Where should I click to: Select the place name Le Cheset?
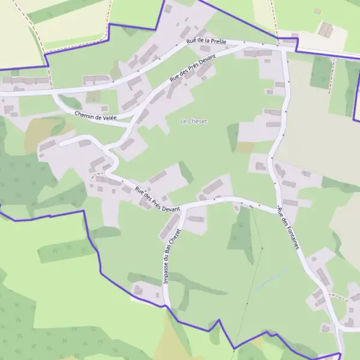[193, 121]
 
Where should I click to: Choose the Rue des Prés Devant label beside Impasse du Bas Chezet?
[157, 199]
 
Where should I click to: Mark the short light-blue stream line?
[271, 278]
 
